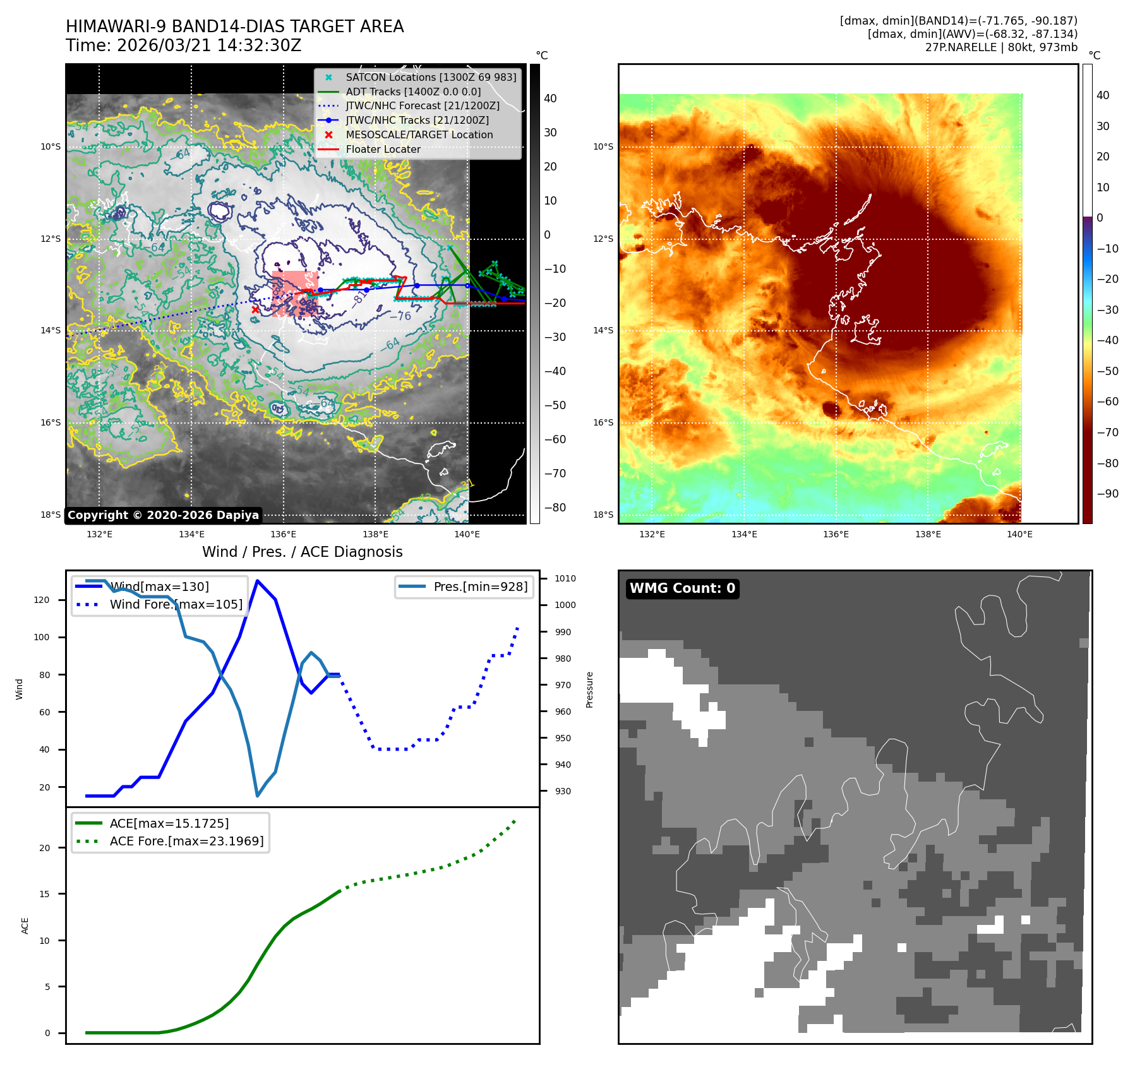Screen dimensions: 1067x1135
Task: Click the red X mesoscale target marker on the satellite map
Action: (x=255, y=309)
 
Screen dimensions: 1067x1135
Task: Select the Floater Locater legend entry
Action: (x=383, y=150)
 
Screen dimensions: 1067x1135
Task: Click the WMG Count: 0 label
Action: (x=682, y=588)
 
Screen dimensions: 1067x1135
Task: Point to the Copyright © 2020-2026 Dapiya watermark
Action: (x=163, y=515)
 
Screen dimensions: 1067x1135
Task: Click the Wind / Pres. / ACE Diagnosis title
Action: (x=302, y=552)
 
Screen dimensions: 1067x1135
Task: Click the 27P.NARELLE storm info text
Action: (x=1001, y=47)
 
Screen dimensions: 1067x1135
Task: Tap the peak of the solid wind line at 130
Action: (x=257, y=580)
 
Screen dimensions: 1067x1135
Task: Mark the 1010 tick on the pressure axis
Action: (x=565, y=578)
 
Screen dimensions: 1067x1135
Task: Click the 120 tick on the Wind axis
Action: (x=42, y=600)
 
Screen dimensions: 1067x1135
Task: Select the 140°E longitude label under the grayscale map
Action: (x=467, y=535)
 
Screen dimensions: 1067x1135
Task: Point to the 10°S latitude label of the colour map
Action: (x=603, y=147)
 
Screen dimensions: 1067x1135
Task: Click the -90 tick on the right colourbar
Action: (x=1107, y=494)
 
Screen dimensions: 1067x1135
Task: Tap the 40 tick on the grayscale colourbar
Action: (x=550, y=98)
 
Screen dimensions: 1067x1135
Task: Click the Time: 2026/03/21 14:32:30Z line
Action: (x=184, y=46)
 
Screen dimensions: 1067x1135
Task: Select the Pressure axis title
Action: (x=589, y=689)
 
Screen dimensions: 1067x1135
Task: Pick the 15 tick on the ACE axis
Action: (x=44, y=894)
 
